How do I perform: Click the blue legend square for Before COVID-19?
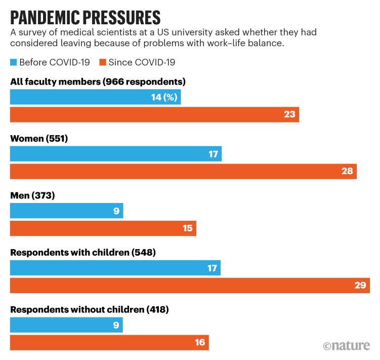[14, 62]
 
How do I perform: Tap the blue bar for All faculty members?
[95, 98]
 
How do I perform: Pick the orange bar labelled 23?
[154, 114]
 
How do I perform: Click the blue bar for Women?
[115, 154]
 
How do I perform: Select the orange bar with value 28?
[183, 171]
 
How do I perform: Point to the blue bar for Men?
[66, 211]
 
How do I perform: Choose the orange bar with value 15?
[103, 228]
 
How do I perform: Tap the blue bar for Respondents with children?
[115, 268]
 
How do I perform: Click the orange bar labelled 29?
[190, 285]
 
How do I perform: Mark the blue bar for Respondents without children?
[66, 325]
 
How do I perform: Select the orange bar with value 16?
[109, 342]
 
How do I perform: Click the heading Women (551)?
[39, 138]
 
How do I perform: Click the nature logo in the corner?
[346, 346]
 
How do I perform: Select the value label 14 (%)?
[164, 98]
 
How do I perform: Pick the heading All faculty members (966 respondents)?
[98, 82]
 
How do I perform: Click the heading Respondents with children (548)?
[82, 252]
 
